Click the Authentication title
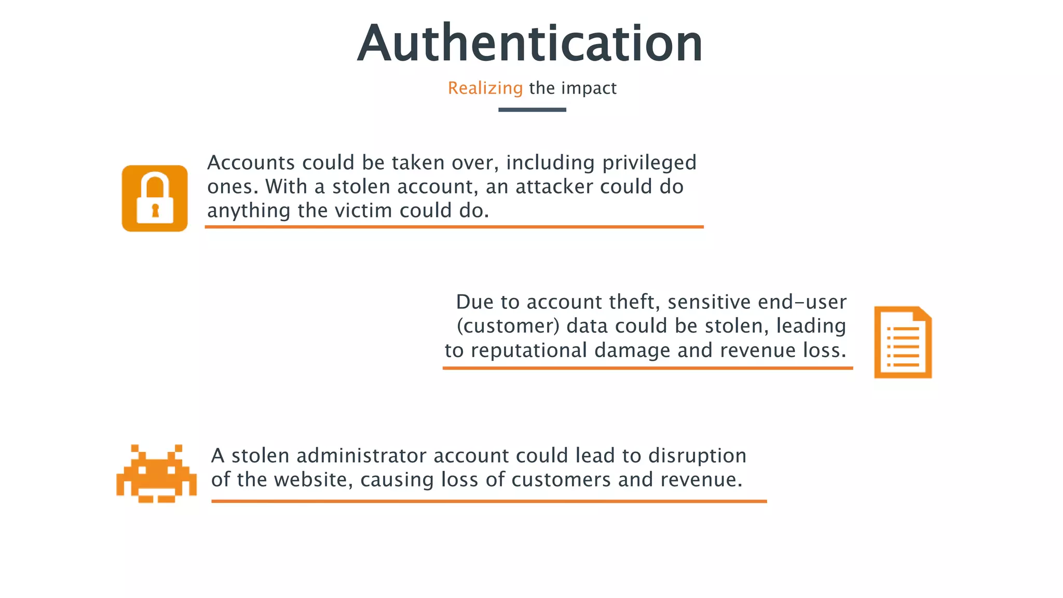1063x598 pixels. point(530,44)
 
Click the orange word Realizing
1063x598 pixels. point(485,88)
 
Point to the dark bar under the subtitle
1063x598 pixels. point(532,110)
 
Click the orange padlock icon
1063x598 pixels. point(155,198)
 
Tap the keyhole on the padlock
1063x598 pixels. point(155,210)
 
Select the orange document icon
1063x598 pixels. point(903,343)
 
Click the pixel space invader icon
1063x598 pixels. point(156,473)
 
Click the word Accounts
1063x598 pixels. point(251,163)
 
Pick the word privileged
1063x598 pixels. point(649,163)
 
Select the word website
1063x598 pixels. point(314,480)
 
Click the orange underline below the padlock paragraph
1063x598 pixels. point(454,227)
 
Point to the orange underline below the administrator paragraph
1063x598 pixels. point(489,501)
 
